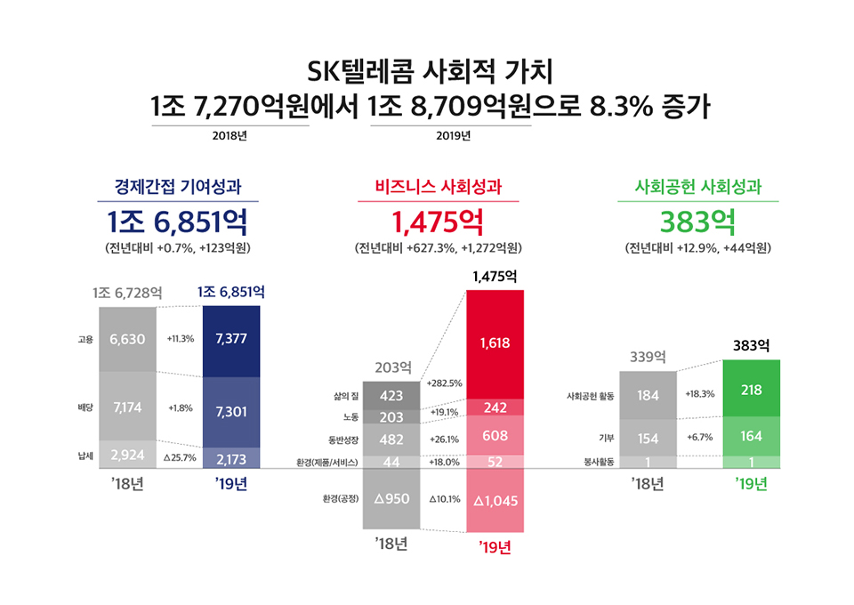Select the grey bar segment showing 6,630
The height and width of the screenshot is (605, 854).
pos(127,339)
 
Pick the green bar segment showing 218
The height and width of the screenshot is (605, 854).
pos(752,390)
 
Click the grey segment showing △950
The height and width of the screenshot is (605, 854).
pos(391,499)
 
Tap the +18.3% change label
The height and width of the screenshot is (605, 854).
pos(700,393)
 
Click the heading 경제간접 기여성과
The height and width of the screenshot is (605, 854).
pos(179,187)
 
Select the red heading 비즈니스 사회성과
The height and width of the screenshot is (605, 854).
pos(438,187)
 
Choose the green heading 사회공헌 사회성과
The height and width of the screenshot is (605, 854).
pos(697,187)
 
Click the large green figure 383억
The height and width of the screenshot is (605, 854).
pos(697,219)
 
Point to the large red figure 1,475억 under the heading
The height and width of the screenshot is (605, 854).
pos(438,219)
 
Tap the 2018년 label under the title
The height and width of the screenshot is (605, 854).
pos(230,136)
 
